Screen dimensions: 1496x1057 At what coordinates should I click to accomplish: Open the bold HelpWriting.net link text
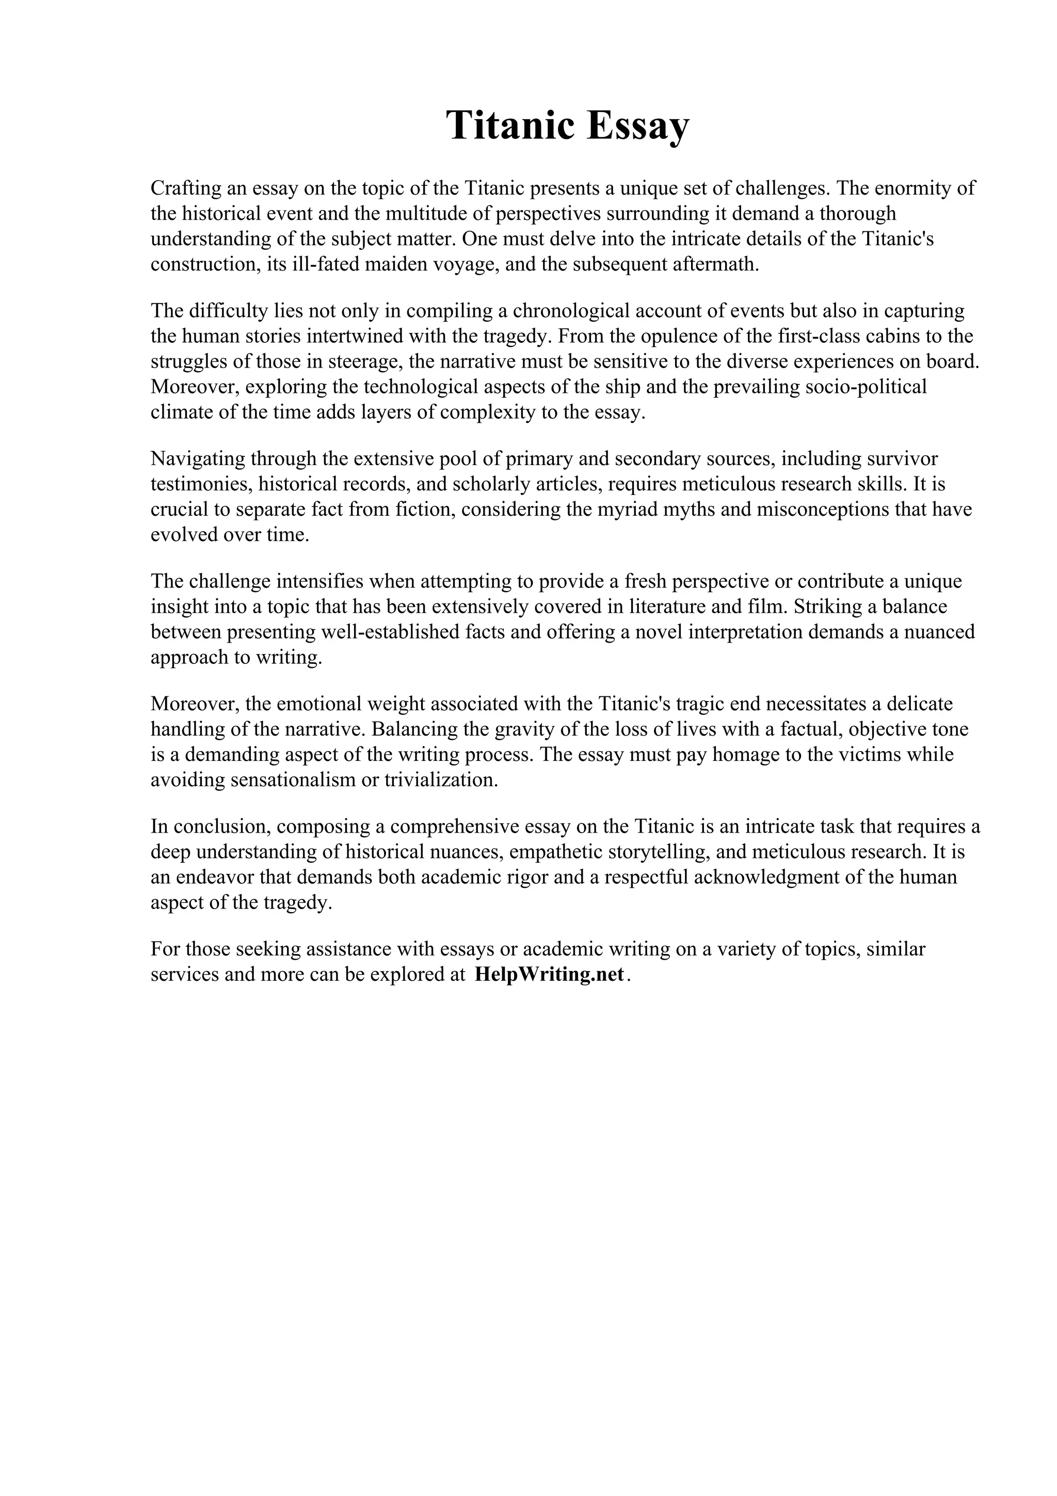click(550, 975)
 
